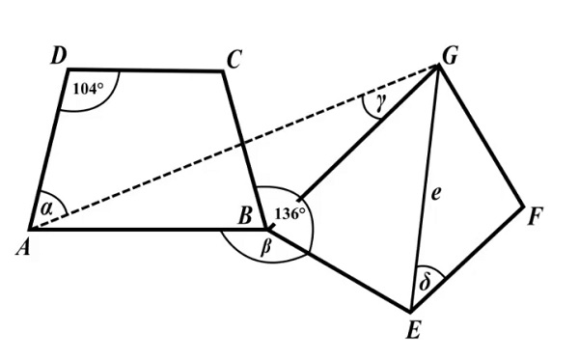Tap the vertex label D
59,57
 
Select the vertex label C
234,60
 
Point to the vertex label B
245,215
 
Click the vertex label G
450,56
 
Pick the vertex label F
535,217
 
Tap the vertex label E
413,330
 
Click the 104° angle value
88,89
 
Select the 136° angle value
290,214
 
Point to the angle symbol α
47,209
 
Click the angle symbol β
266,246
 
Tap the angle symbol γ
380,104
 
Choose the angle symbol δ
426,283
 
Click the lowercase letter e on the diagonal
436,193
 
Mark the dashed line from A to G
234,147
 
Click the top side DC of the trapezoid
145,69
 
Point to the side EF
467,260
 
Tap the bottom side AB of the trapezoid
148,230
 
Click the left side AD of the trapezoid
49,150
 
